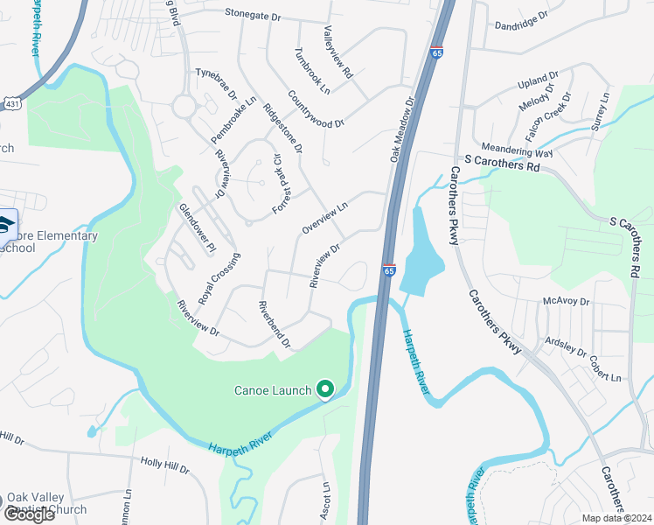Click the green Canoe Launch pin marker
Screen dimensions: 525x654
[325, 388]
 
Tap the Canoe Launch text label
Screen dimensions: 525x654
[272, 390]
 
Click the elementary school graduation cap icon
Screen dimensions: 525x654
[5, 223]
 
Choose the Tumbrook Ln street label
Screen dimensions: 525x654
[313, 71]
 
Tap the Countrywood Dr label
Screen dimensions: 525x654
[316, 111]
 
